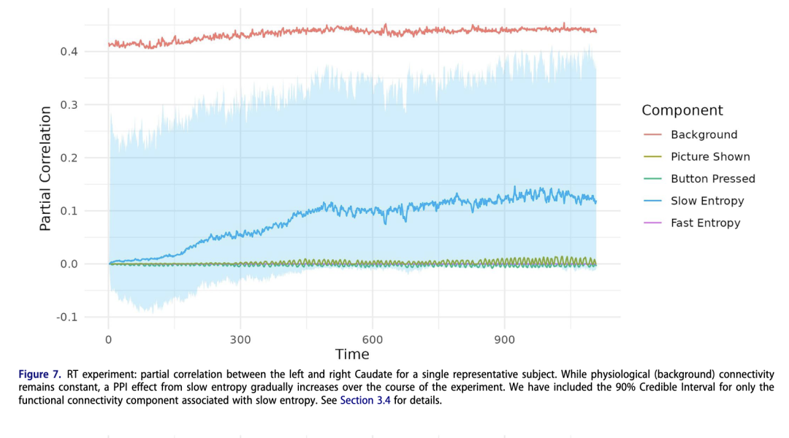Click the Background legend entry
[704, 135]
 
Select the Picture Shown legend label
[709, 157]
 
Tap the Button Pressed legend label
[712, 179]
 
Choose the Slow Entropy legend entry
[706, 201]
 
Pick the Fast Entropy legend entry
[705, 223]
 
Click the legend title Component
[682, 111]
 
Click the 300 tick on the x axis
[240, 339]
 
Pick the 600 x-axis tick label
[373, 339]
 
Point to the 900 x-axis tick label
[504, 339]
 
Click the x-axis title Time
[352, 355]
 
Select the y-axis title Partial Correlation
[45, 169]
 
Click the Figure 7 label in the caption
[40, 374]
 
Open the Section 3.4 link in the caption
[365, 401]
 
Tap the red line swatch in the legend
[652, 135]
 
